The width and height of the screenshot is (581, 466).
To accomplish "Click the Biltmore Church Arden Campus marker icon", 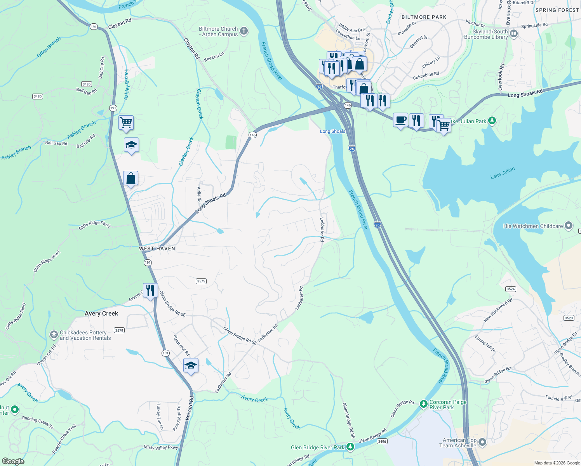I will point(244,31).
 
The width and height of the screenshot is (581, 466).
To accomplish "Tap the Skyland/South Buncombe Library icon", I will point(514,34).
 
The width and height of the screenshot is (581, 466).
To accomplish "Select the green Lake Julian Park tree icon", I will point(492,121).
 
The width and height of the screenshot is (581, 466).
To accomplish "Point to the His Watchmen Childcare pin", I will point(569,226).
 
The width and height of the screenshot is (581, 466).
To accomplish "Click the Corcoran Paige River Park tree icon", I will point(423,405).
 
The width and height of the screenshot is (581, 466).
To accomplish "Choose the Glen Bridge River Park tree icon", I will point(350,447).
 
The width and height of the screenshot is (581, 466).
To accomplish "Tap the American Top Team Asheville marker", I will point(482,442).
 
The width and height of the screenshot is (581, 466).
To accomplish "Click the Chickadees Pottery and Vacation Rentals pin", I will point(54,335).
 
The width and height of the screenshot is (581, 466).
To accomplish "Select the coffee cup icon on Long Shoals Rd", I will point(400,120).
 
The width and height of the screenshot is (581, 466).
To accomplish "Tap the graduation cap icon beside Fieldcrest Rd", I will point(191,365).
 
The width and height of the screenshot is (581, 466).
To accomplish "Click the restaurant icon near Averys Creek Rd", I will point(150,290).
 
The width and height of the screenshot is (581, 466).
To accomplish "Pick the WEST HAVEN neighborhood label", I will point(157,249).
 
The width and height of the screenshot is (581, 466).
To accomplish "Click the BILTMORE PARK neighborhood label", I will point(424,17).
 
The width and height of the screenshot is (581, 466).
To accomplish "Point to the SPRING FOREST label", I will point(557,10).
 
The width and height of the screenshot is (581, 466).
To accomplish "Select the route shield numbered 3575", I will point(201,281).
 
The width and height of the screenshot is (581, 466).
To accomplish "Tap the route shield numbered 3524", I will point(510,289).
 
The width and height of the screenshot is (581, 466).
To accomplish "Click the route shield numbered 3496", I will point(382,441).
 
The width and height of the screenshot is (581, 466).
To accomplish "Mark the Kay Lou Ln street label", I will point(214,57).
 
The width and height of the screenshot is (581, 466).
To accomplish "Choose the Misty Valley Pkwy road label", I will point(161,447).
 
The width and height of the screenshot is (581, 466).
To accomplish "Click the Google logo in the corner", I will point(13,461).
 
